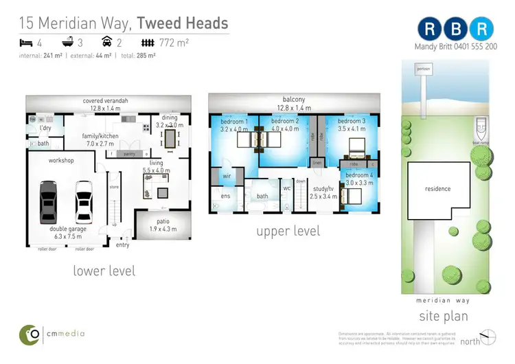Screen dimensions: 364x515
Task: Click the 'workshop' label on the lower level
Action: coord(60,160)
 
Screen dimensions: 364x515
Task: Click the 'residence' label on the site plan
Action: coord(437,189)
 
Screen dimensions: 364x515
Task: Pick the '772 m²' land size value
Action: coord(173,41)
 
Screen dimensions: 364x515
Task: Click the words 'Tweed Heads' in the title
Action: coord(182,23)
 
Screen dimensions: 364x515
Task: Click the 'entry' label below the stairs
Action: coord(122,244)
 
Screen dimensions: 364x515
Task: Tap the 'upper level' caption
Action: coord(288,231)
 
